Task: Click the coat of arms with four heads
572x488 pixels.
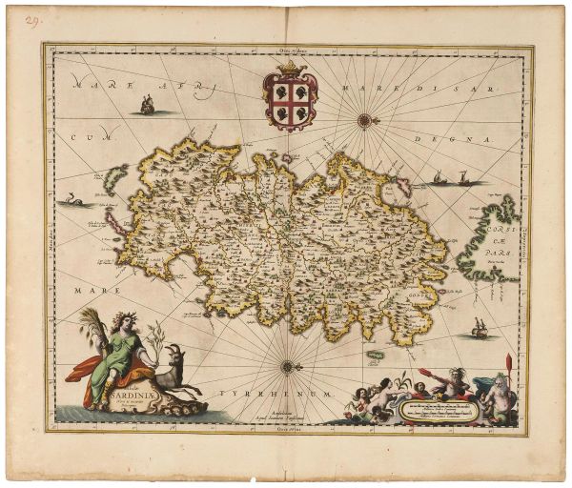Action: [x=289, y=103]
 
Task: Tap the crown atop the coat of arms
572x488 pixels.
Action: [x=289, y=71]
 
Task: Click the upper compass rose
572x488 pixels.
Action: [x=364, y=120]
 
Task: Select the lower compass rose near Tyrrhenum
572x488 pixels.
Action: [x=288, y=365]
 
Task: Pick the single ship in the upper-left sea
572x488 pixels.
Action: [x=147, y=106]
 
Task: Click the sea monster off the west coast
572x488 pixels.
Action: [x=71, y=200]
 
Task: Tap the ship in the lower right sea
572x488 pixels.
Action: [x=480, y=329]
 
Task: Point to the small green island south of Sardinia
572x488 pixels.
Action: [x=375, y=355]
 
